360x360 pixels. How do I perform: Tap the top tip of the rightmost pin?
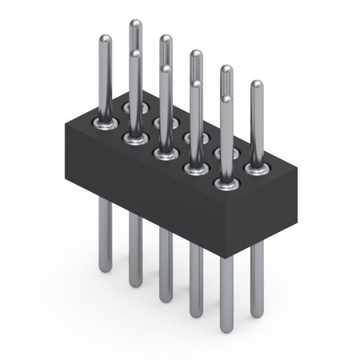(257, 84)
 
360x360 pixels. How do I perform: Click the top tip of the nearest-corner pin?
(226, 100)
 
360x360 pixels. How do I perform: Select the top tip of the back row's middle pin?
(196, 54)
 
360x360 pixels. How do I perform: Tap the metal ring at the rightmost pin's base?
(256, 169)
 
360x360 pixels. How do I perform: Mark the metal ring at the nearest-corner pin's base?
(226, 186)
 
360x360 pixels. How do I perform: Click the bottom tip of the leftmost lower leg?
(105, 270)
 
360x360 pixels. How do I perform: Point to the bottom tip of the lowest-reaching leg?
(226, 330)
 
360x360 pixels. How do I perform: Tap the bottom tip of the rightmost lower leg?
(256, 314)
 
